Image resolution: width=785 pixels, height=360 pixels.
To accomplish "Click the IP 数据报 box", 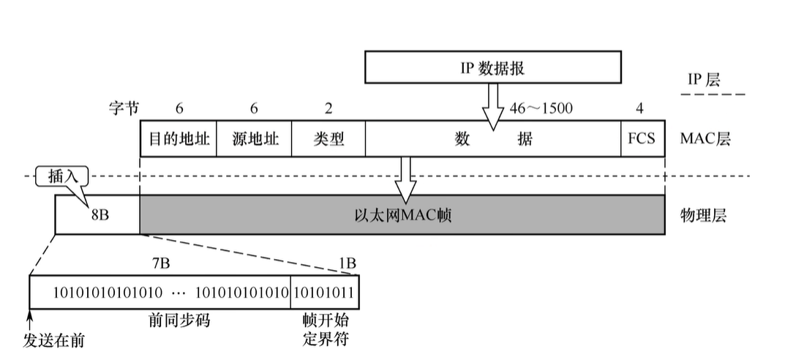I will tap(492, 68).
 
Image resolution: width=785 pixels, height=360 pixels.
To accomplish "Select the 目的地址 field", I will tap(178, 138).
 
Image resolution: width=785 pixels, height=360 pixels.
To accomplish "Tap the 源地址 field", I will tap(253, 138).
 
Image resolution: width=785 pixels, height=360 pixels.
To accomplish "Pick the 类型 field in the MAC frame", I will tap(328, 138).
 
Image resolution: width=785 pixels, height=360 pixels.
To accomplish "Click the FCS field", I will tap(642, 138).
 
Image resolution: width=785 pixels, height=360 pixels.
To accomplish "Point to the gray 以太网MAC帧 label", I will tap(402, 215).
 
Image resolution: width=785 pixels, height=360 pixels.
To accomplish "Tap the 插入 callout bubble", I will tap(61, 176).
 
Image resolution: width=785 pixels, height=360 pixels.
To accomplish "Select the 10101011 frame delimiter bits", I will tap(324, 293).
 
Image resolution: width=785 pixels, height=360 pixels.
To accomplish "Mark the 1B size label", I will tap(348, 261).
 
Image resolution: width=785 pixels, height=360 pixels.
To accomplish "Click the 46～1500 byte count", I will tap(541, 108).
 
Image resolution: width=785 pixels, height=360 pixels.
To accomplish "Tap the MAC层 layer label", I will tap(705, 138).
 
